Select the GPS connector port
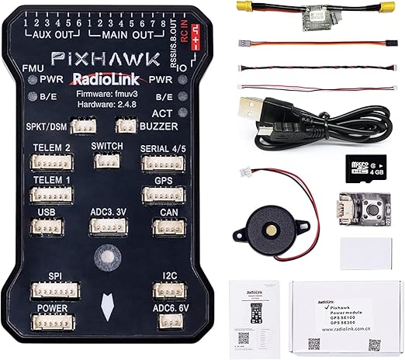click(162, 195)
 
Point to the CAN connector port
click(168, 227)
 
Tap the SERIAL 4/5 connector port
click(162, 163)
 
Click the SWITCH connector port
click(106, 161)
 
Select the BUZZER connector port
click(126, 126)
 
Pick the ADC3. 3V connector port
click(106, 227)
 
